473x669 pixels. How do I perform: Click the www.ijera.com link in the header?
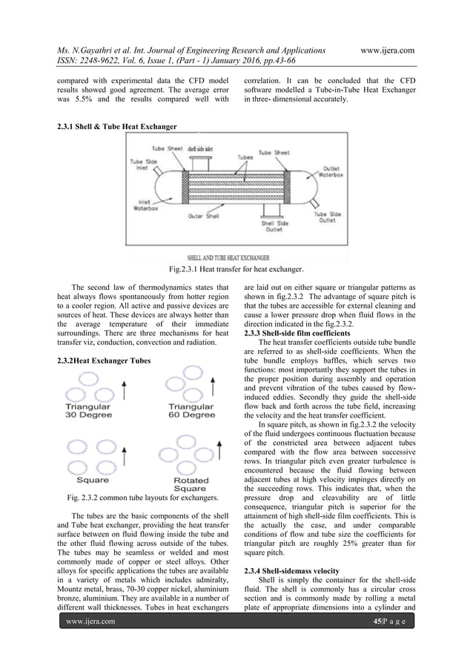click(386, 50)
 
